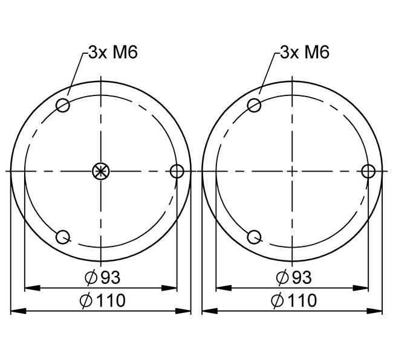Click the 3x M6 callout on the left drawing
(x=113, y=53)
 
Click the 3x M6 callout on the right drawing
(x=305, y=53)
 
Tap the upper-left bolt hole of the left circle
(x=63, y=105)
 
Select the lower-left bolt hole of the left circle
(x=63, y=237)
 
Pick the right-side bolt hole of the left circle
(x=177, y=171)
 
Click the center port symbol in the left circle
(x=101, y=171)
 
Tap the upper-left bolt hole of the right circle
(x=254, y=105)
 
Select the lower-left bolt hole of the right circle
(x=254, y=237)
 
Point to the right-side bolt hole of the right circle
(x=368, y=171)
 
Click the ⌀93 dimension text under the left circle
(x=103, y=277)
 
